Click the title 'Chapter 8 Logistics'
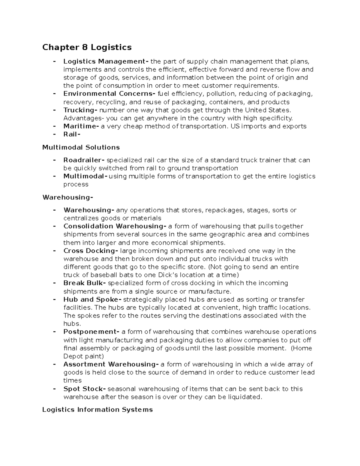(87, 47)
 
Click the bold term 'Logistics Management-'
(106, 62)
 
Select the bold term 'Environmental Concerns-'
(109, 94)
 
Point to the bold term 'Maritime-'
(81, 126)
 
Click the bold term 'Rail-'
(72, 134)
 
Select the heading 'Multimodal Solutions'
(81, 147)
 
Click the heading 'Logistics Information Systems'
(97, 410)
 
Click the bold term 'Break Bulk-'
(85, 283)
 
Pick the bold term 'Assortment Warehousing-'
(111, 364)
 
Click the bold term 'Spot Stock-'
(85, 389)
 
